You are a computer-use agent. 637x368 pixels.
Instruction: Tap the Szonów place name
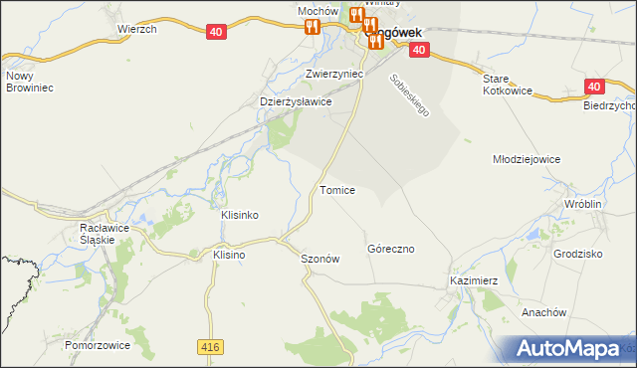point(320,259)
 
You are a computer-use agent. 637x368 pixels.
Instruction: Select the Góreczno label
point(390,249)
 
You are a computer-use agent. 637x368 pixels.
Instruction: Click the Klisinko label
point(239,215)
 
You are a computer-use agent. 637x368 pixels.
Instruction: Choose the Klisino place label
point(229,255)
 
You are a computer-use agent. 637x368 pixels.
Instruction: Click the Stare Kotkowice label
point(509,85)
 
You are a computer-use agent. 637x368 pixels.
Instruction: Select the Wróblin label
point(583,203)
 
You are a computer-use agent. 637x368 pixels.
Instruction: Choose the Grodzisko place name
point(578,254)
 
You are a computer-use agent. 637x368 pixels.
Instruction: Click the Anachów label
point(543,311)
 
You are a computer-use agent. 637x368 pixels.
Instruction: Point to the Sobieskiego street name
point(409,96)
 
